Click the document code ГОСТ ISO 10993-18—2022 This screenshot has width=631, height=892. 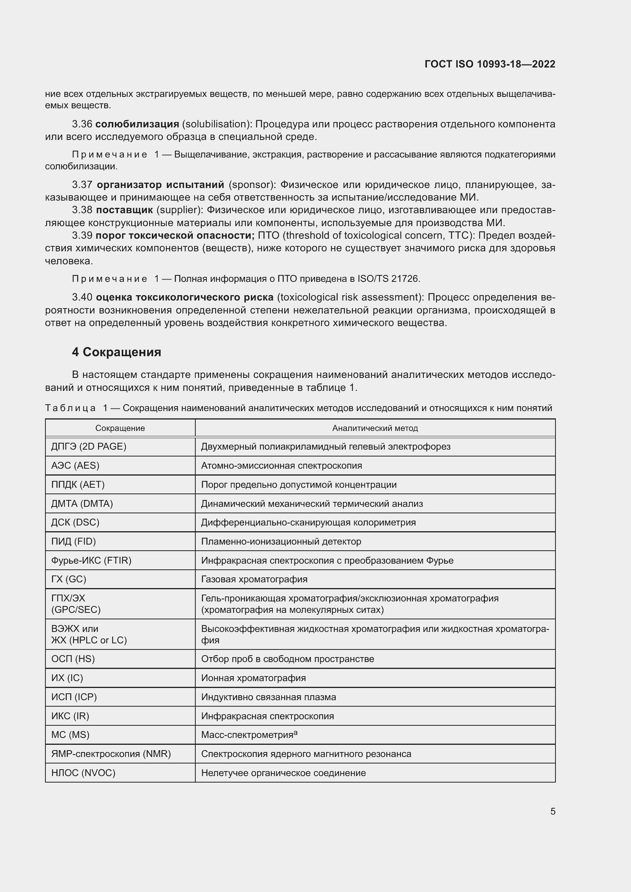[x=489, y=64]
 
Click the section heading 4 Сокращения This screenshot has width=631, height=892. [x=116, y=352]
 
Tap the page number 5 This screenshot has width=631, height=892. [x=552, y=811]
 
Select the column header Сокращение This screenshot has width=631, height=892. [x=120, y=428]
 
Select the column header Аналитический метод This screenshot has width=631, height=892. [x=375, y=428]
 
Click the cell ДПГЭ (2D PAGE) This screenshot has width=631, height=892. [x=89, y=447]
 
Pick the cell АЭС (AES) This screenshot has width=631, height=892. [x=75, y=465]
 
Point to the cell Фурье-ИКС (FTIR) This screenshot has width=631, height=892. [x=91, y=560]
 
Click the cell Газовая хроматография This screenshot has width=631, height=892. [x=254, y=579]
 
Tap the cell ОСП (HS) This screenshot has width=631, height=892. [x=73, y=659]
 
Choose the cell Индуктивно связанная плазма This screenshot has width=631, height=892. [x=268, y=697]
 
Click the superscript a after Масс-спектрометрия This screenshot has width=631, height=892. [x=296, y=733]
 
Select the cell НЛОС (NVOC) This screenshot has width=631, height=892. [x=83, y=773]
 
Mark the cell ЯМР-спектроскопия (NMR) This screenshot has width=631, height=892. [x=111, y=754]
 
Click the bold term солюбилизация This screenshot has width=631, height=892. [x=137, y=124]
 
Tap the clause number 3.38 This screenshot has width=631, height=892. [x=82, y=210]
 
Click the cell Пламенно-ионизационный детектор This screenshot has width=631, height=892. [x=281, y=541]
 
